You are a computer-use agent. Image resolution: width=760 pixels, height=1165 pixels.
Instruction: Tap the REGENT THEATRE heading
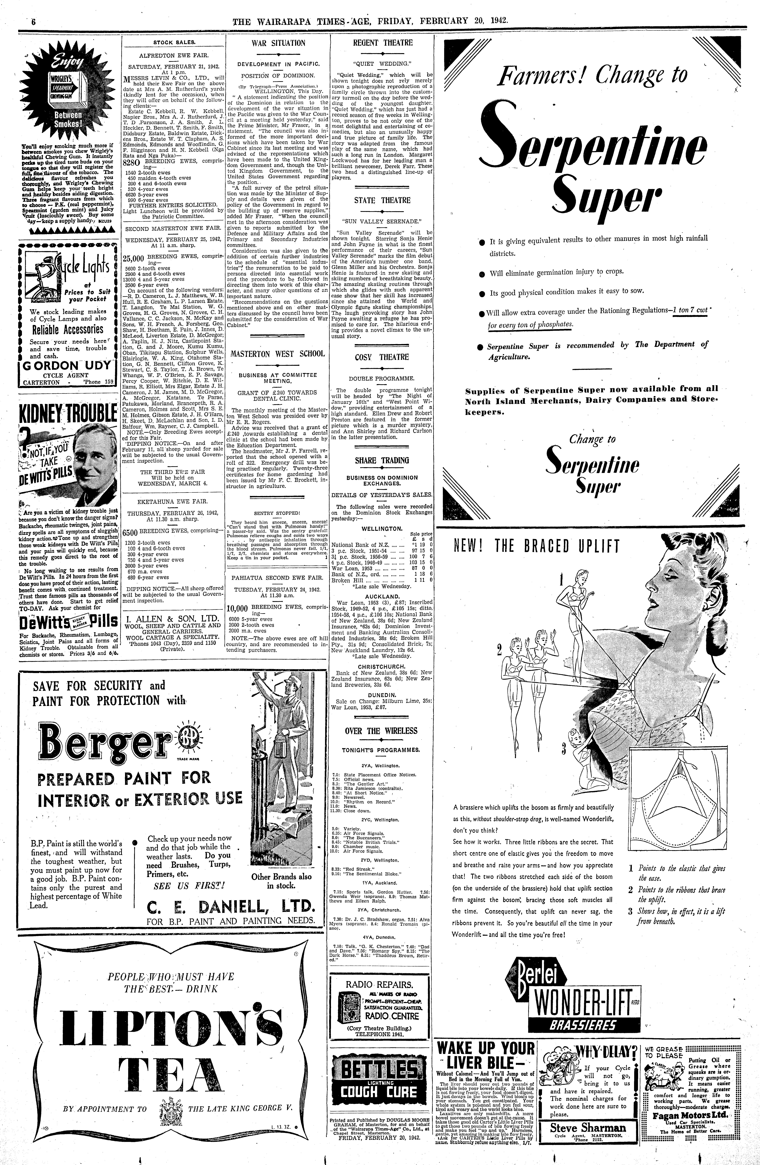(x=383, y=43)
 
